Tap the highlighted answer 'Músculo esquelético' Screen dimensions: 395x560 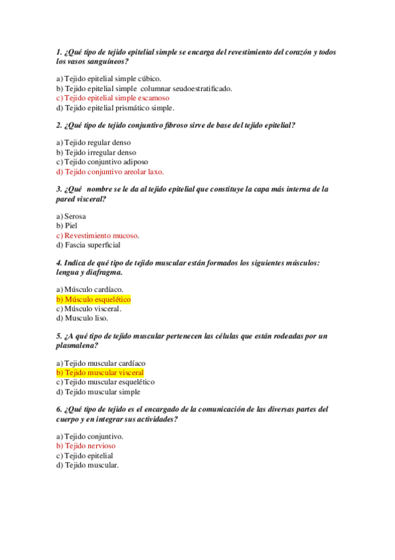[98, 299]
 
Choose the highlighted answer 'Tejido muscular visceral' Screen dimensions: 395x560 [104, 372]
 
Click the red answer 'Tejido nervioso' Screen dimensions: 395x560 [92, 446]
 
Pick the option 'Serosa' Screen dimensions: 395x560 [75, 216]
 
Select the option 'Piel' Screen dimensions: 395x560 [71, 225]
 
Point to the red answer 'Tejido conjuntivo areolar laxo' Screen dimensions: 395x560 [113, 172]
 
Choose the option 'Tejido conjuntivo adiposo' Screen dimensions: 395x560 [106, 162]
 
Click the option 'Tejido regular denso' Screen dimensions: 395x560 [98, 143]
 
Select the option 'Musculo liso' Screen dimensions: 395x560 [86, 318]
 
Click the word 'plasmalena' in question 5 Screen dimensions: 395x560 [76, 345]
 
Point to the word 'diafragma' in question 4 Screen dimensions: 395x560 [101, 272]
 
